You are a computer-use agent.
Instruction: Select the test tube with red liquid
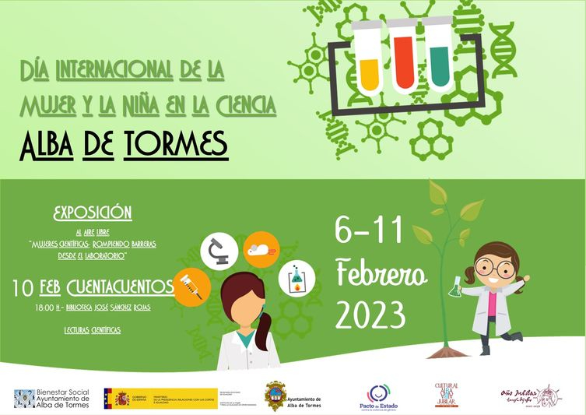(402, 56)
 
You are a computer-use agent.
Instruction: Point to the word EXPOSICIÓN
(92, 213)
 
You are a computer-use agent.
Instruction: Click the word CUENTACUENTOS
(121, 288)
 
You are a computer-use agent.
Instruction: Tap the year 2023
(371, 315)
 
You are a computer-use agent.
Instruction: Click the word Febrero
(381, 274)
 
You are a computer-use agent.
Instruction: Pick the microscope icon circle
(219, 251)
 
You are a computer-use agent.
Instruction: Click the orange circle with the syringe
(192, 286)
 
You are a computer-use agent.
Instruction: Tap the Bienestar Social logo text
(63, 398)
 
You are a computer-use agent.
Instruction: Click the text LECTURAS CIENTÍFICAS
(93, 330)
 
